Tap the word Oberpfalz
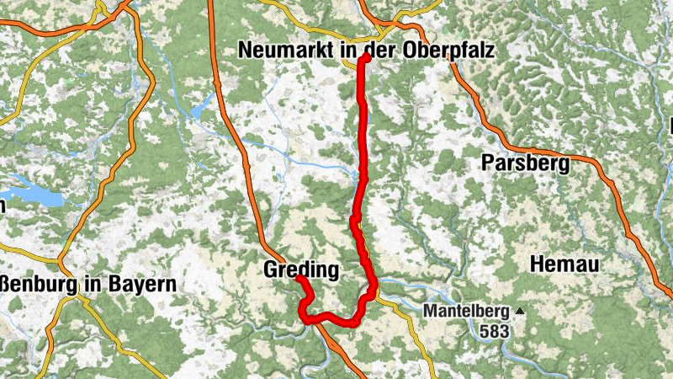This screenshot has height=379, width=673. tap(451, 51)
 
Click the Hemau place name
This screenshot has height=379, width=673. tap(564, 264)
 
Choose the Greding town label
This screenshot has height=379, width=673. tap(301, 270)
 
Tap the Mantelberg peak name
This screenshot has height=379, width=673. tap(467, 312)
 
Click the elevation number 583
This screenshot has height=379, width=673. tap(495, 331)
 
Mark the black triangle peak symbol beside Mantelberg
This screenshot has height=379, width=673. tap(519, 311)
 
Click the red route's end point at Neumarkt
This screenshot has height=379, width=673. tap(367, 58)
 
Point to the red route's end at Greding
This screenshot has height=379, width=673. tap(299, 279)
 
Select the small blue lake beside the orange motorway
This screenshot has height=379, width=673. tap(201, 109)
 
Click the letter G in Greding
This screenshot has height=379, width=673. tap(272, 270)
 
